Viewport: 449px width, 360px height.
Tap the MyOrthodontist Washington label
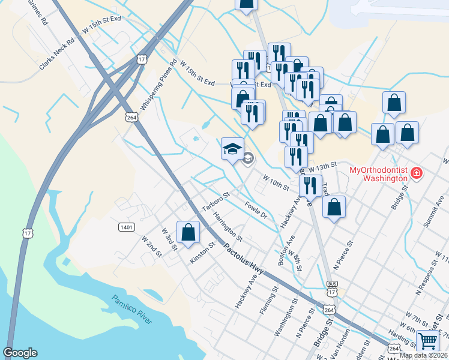378,175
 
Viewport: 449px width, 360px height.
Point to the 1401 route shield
126,227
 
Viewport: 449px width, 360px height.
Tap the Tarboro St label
216,202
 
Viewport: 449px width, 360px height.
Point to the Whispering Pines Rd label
158,84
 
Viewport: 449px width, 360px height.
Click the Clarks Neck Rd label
56,55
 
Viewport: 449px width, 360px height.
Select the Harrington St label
228,226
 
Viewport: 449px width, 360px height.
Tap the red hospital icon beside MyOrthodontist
417,175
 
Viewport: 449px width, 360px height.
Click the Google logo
20,353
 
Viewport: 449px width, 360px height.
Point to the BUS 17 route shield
332,287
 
